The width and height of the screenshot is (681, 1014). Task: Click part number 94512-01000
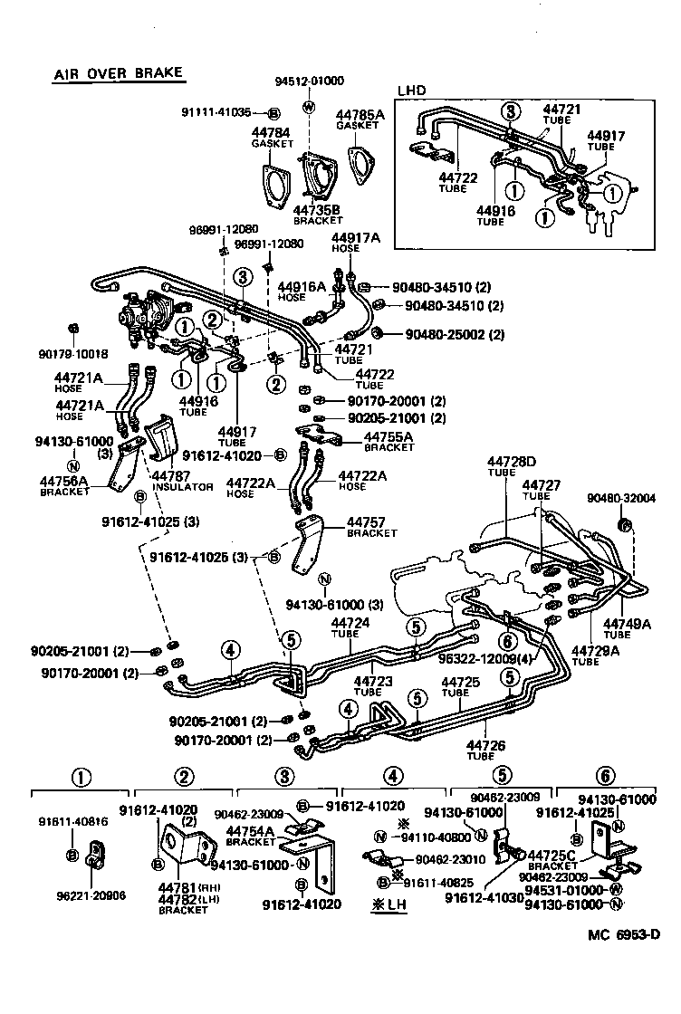pos(310,81)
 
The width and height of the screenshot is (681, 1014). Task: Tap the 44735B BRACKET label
pos(317,215)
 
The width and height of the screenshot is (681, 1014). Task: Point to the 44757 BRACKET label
pos(366,528)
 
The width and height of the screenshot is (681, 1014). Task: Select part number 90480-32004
pos(620,498)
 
